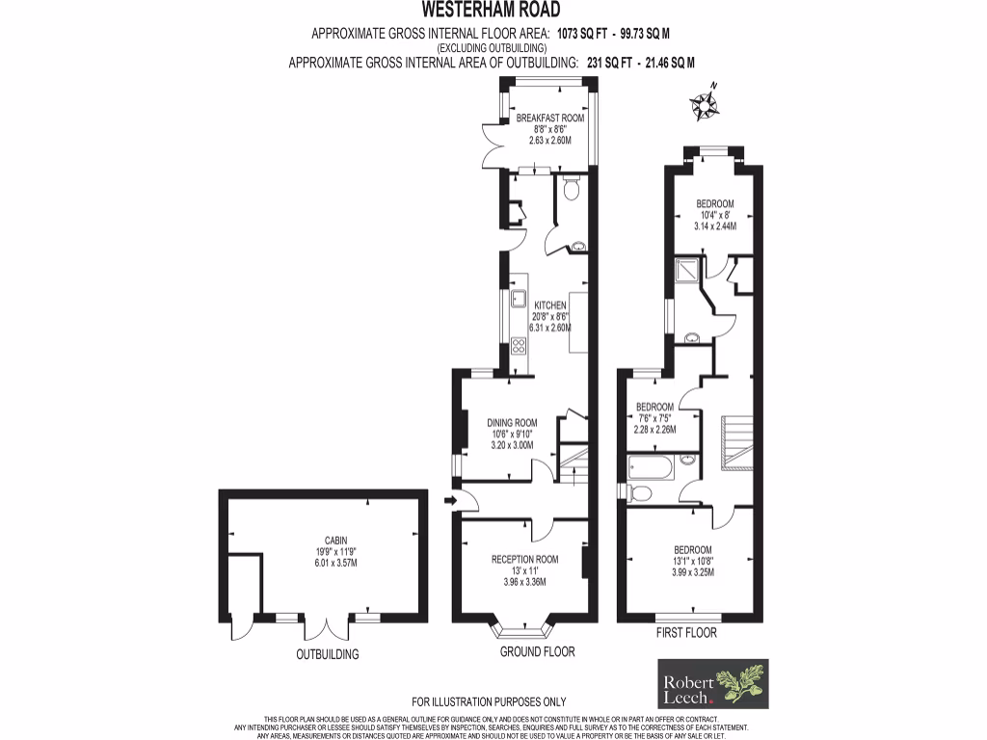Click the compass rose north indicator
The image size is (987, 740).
705,104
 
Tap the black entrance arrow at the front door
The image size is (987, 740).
449,500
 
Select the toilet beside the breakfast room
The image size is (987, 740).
571,190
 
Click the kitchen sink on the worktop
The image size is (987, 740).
518,298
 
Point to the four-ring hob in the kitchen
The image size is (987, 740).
518,345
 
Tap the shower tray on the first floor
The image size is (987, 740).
690,272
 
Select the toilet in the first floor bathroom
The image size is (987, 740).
639,493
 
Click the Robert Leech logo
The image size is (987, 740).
712,683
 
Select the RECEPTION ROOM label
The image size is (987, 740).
524,560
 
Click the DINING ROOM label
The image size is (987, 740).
512,423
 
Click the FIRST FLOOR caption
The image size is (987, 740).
686,633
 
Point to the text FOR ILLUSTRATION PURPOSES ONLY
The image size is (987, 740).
489,701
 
